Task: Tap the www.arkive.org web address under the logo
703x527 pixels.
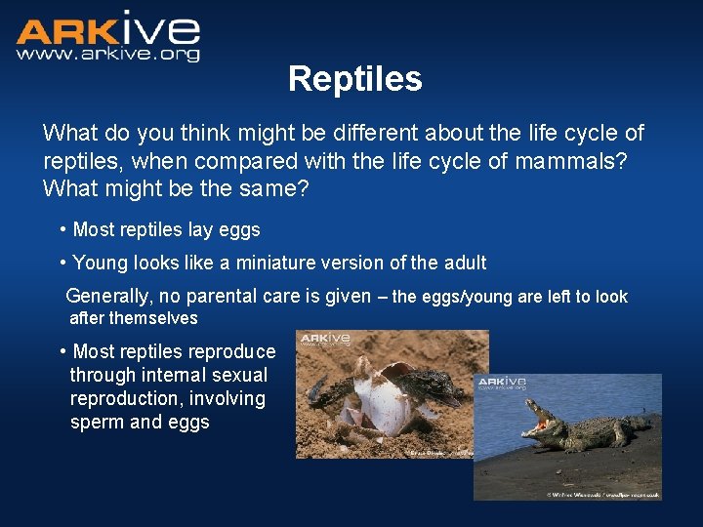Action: (107, 55)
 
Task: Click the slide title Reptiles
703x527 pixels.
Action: (354, 79)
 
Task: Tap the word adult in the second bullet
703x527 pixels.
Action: (462, 263)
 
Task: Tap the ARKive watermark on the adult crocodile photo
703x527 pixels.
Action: (501, 383)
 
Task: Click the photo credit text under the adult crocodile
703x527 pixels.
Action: (602, 495)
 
